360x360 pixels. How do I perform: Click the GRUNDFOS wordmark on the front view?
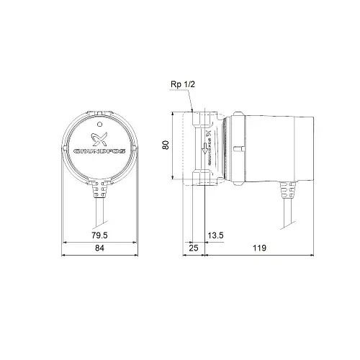click(x=98, y=152)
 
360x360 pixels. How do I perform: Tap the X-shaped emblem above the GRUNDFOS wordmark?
click(x=98, y=137)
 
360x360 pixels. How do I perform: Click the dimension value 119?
click(x=259, y=248)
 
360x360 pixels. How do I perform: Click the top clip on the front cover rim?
click(x=98, y=111)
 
